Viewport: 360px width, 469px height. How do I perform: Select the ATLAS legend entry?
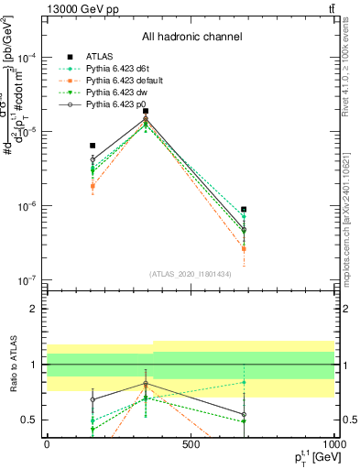point(102,56)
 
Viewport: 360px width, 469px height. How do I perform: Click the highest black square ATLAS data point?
point(146,111)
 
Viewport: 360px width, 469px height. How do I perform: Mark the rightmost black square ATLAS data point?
point(244,210)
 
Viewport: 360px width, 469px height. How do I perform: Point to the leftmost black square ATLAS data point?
point(93,146)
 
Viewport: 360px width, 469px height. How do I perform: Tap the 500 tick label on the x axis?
point(191,444)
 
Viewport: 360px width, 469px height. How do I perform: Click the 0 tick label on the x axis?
point(47,444)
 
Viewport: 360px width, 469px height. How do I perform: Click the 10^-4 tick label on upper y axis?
point(27,58)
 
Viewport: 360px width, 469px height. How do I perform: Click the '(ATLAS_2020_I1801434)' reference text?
point(191,274)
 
